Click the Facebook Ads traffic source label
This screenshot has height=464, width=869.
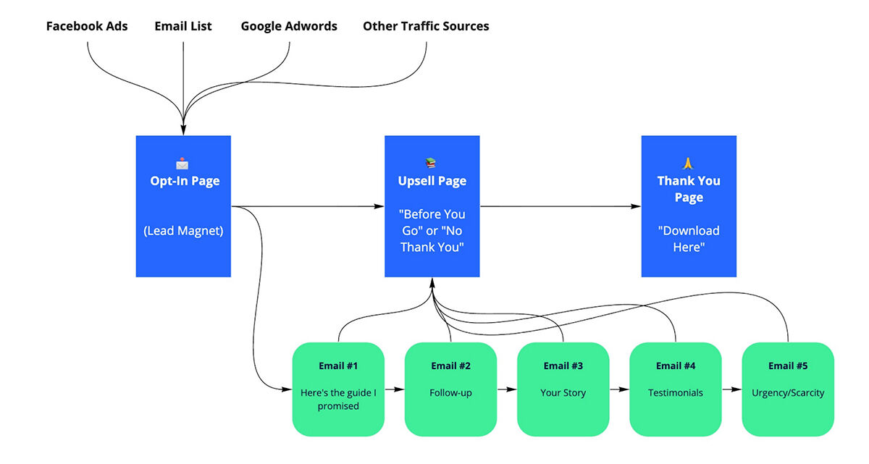click(87, 26)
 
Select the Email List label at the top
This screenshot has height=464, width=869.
click(183, 26)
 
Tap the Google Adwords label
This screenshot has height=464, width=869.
click(289, 26)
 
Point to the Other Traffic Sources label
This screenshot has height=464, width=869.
click(426, 26)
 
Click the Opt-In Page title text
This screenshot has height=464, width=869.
click(185, 181)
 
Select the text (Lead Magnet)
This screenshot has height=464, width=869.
click(183, 231)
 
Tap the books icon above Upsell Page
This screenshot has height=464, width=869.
click(431, 164)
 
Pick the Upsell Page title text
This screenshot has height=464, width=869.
click(432, 181)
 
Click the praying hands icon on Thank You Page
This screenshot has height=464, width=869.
click(688, 164)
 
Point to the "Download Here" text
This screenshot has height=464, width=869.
click(689, 239)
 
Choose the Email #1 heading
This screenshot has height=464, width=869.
click(338, 366)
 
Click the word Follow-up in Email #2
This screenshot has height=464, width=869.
click(450, 393)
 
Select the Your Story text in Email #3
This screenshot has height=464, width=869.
click(563, 393)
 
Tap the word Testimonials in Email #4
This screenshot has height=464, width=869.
click(676, 393)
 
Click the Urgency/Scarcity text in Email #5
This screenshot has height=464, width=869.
click(788, 393)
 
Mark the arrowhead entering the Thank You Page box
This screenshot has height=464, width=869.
click(636, 206)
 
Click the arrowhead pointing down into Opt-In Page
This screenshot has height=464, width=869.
click(183, 130)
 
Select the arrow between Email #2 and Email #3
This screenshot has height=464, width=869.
click(507, 389)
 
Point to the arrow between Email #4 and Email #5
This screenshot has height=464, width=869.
click(732, 389)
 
